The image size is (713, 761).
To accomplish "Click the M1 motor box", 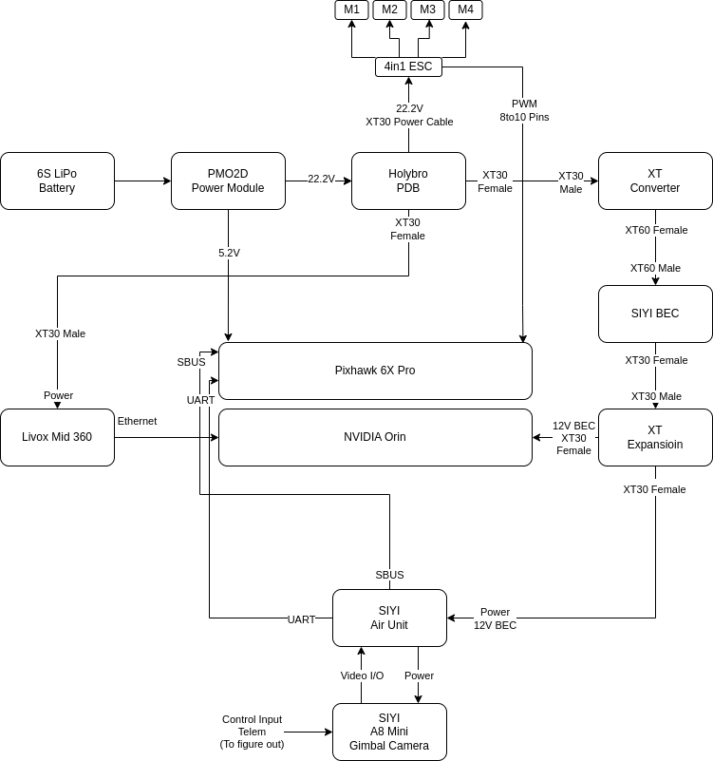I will pyautogui.click(x=351, y=10).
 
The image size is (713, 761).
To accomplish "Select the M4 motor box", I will pyautogui.click(x=465, y=10).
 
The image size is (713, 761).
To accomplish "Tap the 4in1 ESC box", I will pyautogui.click(x=408, y=67).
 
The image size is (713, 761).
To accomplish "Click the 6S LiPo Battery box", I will pyautogui.click(x=57, y=181).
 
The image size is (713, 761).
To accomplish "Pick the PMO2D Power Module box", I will pyautogui.click(x=228, y=181).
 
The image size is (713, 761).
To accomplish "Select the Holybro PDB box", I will pyautogui.click(x=408, y=181).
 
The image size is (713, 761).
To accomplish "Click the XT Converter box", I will pyautogui.click(x=655, y=181).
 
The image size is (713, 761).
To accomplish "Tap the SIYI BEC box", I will pyautogui.click(x=655, y=314).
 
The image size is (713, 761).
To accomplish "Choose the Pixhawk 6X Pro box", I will pyautogui.click(x=375, y=371).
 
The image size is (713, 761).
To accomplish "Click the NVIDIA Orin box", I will pyautogui.click(x=375, y=437).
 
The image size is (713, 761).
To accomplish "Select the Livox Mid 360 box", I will pyautogui.click(x=57, y=437).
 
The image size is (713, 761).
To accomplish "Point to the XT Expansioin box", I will pyautogui.click(x=655, y=437).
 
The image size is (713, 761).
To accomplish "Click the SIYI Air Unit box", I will pyautogui.click(x=389, y=618).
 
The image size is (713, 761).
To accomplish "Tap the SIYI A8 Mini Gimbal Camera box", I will pyautogui.click(x=389, y=732).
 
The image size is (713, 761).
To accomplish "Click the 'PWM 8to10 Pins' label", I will pyautogui.click(x=524, y=110).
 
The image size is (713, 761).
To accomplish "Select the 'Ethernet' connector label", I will pyautogui.click(x=137, y=421).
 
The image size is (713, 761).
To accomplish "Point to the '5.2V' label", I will pyautogui.click(x=229, y=253).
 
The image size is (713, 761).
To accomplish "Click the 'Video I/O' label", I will pyautogui.click(x=362, y=675).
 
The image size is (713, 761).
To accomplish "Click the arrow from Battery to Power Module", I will pyautogui.click(x=142, y=181).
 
